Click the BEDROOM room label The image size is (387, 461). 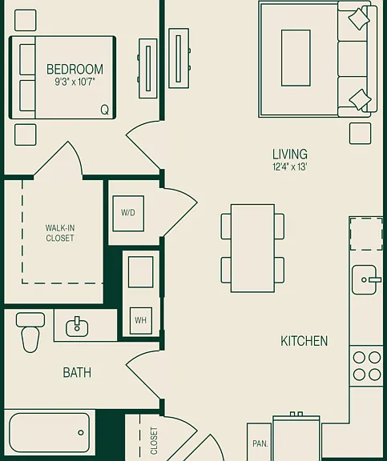click(x=75, y=70)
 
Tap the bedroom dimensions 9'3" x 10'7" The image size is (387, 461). click(x=75, y=82)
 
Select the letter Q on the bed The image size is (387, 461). click(x=104, y=110)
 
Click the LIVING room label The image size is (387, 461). click(x=290, y=154)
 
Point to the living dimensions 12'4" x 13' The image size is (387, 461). click(x=290, y=167)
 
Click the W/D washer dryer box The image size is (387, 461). click(x=128, y=213)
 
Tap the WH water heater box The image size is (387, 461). click(x=141, y=320)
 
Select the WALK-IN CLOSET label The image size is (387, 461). click(x=60, y=233)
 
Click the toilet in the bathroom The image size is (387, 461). click(x=30, y=332)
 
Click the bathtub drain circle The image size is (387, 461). click(x=81, y=432)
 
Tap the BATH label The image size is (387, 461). click(x=77, y=372)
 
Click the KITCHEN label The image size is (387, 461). click(x=304, y=341)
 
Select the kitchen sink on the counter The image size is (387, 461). click(x=365, y=279)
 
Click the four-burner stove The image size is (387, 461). click(x=367, y=367)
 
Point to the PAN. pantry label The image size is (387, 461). click(x=260, y=443)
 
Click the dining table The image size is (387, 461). click(x=252, y=248)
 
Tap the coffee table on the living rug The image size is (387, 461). click(x=296, y=58)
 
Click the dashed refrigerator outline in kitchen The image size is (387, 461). click(x=366, y=234)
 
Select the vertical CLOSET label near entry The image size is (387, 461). click(x=154, y=441)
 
